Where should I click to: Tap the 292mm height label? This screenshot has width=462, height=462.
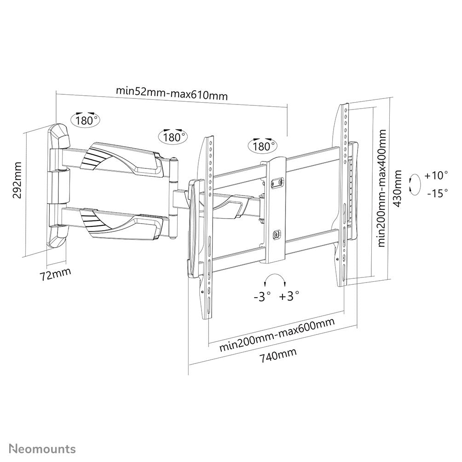tap(17, 180)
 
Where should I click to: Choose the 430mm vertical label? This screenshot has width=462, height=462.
tap(398, 188)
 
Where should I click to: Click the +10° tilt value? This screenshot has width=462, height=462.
tap(436, 175)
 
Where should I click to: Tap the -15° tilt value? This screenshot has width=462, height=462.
tap(437, 193)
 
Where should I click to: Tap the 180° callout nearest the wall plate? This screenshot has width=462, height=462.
tap(86, 120)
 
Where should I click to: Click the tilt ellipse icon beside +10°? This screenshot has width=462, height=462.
tap(415, 184)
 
